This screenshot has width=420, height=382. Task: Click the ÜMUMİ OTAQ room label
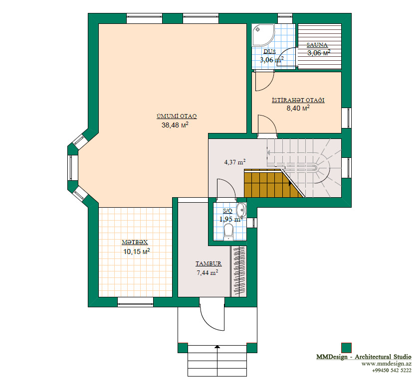coord(177,117)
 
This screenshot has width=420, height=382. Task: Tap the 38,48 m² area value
coord(175,125)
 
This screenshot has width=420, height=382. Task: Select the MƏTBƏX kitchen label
coord(135,243)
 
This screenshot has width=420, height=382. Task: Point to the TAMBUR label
coord(209,263)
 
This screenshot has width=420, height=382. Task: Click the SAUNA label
coord(317,45)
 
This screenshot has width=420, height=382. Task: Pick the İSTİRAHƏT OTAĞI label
coord(298,100)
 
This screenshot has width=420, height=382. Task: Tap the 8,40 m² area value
coord(298,108)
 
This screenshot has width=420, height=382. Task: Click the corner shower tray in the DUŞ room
coord(263,35)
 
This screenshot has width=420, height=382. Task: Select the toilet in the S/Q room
coord(228,232)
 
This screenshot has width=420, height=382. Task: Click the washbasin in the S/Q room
coord(242,210)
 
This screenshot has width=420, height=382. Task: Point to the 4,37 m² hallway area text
coord(235,162)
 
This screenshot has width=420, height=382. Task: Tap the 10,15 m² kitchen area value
coord(136,252)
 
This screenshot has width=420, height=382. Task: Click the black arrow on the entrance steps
coord(217,347)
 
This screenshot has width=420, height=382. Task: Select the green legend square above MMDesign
coord(346,348)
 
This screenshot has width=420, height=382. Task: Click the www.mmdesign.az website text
coord(386,364)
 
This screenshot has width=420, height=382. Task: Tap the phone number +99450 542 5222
coord(392,371)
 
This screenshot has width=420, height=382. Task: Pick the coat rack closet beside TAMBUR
coord(238,271)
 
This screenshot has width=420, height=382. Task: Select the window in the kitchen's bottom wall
coord(136,301)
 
